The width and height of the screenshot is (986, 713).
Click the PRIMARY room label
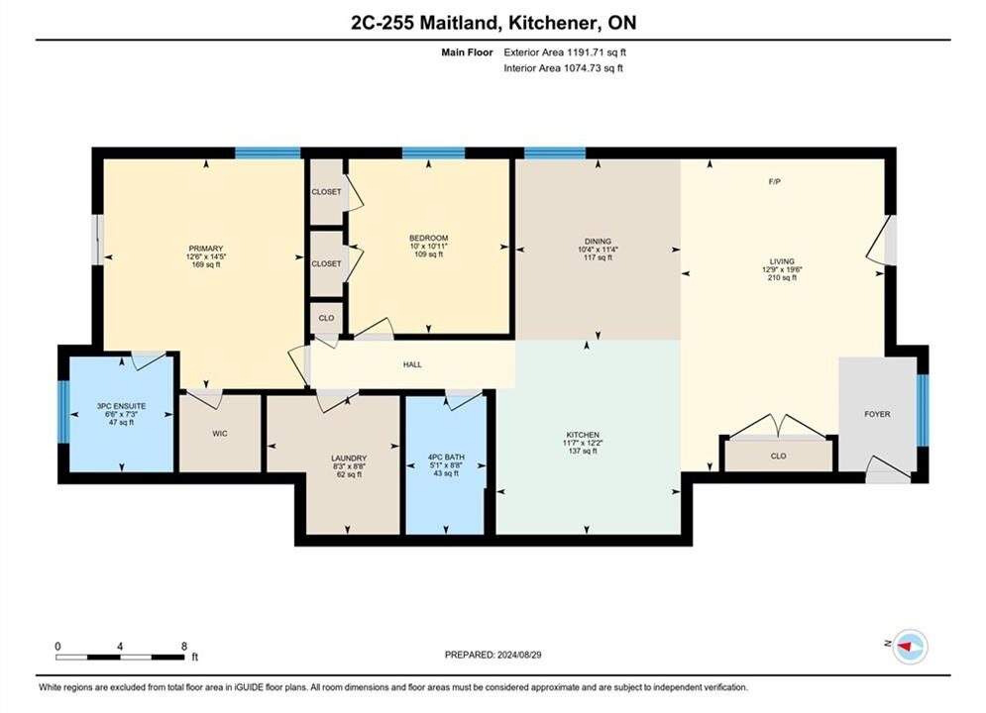206,249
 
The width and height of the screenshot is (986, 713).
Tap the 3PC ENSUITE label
121,406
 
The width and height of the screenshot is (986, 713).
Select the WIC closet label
220,434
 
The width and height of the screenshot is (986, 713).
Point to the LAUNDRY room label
349,458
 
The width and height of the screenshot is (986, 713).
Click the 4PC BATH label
446,458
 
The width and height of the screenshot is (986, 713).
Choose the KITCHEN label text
583,435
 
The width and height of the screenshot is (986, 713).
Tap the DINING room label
598,242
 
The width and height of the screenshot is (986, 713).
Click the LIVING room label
782,261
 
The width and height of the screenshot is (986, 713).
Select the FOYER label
877,414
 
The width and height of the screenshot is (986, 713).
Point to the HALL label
412,364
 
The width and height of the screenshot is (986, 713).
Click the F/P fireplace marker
775,181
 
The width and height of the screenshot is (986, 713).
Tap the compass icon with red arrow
910,646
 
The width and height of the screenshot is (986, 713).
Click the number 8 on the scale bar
184,646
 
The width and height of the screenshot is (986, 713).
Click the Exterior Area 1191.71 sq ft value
597,52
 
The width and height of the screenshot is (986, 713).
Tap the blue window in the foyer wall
923,410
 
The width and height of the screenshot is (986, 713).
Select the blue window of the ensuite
63,412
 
